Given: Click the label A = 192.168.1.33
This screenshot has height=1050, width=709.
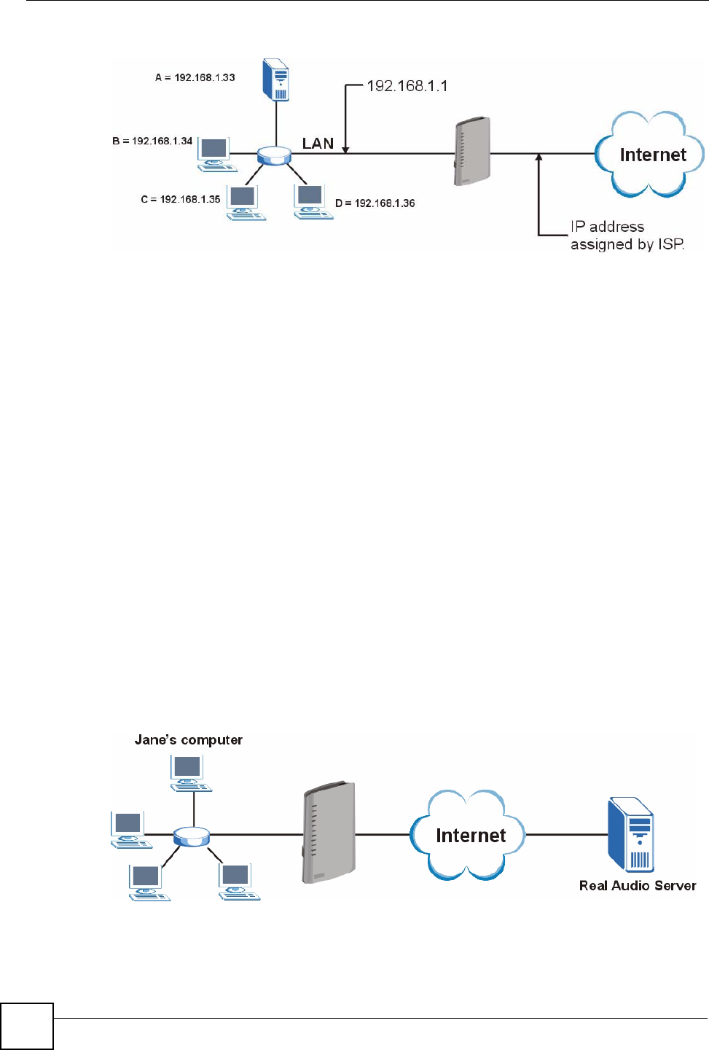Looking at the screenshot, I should [x=195, y=77].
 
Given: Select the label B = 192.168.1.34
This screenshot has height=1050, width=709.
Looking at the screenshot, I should [x=152, y=141].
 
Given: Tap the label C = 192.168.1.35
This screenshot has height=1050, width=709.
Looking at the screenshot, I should [x=180, y=199].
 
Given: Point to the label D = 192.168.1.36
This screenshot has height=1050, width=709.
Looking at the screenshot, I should [x=375, y=203].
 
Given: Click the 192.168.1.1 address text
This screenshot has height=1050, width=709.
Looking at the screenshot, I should [x=407, y=86].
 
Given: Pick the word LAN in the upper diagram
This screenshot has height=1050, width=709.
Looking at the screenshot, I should [x=318, y=144].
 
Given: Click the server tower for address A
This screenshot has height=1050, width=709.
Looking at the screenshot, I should [x=275, y=79].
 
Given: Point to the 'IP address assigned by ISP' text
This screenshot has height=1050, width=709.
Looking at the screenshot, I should [x=627, y=236].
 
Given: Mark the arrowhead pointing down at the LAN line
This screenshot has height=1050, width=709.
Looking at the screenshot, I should [x=345, y=149].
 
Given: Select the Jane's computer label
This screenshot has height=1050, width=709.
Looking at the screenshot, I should [x=188, y=740].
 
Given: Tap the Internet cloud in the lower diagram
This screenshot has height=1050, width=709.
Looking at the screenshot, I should [x=469, y=836].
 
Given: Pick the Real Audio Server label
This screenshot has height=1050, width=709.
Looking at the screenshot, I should [x=638, y=886].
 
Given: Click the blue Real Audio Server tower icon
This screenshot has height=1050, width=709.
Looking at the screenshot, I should [x=631, y=835].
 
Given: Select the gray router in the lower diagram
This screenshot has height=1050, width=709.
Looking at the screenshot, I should [x=328, y=833].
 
